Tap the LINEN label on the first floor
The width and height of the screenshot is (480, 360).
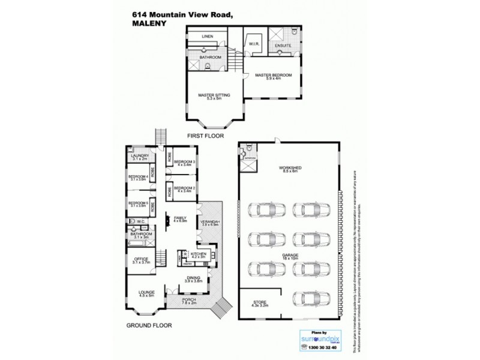pos(208,36)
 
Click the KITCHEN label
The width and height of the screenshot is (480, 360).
pos(199,254)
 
